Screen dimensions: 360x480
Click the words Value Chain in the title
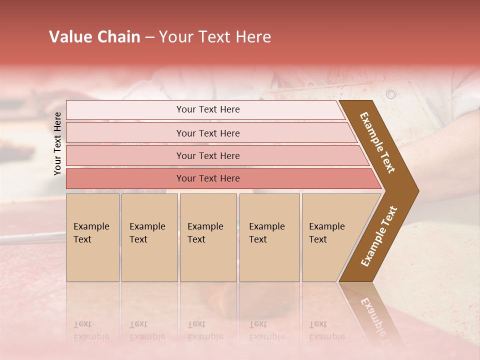[94, 37]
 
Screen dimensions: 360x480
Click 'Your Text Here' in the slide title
[215, 37]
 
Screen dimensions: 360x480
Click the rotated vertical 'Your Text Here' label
[57, 143]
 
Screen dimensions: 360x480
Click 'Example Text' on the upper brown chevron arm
[377, 142]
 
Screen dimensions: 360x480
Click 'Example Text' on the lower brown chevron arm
[379, 236]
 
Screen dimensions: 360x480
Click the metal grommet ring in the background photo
[391, 93]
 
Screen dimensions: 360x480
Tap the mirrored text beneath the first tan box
[91, 330]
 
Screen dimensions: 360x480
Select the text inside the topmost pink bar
[208, 109]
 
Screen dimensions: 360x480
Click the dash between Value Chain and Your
[149, 37]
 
